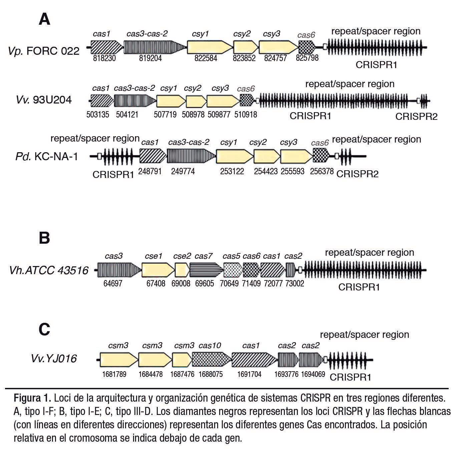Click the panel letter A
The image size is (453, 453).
tap(44, 19)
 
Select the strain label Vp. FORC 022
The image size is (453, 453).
tap(44, 51)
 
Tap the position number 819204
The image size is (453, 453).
tap(150, 58)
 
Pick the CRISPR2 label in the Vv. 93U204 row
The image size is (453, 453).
tap(416, 116)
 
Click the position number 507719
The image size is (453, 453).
tap(165, 115)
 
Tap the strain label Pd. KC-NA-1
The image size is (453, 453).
tap(47, 156)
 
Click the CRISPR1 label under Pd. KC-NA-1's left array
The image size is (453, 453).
tap(113, 174)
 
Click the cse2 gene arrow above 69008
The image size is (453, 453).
tap(182, 269)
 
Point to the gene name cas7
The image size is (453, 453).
tap(203, 256)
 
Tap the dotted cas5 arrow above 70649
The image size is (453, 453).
tap(233, 269)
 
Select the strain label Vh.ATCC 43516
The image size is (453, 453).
tap(49, 270)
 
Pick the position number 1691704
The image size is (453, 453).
tap(249, 374)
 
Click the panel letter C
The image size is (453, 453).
tap(44, 329)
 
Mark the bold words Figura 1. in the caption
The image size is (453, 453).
tap(32, 398)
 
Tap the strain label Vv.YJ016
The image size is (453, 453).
tap(54, 359)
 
